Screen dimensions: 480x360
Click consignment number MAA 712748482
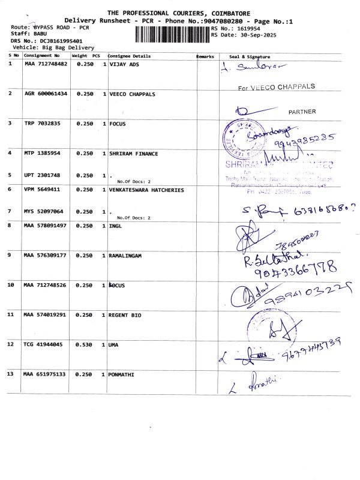coord(46,64)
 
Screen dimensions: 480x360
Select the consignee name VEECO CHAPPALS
coord(132,94)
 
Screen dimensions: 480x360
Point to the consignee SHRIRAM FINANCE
coord(134,154)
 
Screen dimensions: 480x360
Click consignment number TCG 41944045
coord(44,344)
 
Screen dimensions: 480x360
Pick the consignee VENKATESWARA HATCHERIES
coord(146,190)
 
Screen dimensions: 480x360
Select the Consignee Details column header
coord(129,56)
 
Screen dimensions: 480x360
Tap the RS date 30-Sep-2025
coord(251,35)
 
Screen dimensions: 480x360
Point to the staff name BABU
coord(40,34)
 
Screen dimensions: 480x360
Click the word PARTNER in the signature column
coord(302,112)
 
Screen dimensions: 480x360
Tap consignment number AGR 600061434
coord(46,94)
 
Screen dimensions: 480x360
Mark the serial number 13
coord(10,374)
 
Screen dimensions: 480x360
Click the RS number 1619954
coord(247,28)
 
